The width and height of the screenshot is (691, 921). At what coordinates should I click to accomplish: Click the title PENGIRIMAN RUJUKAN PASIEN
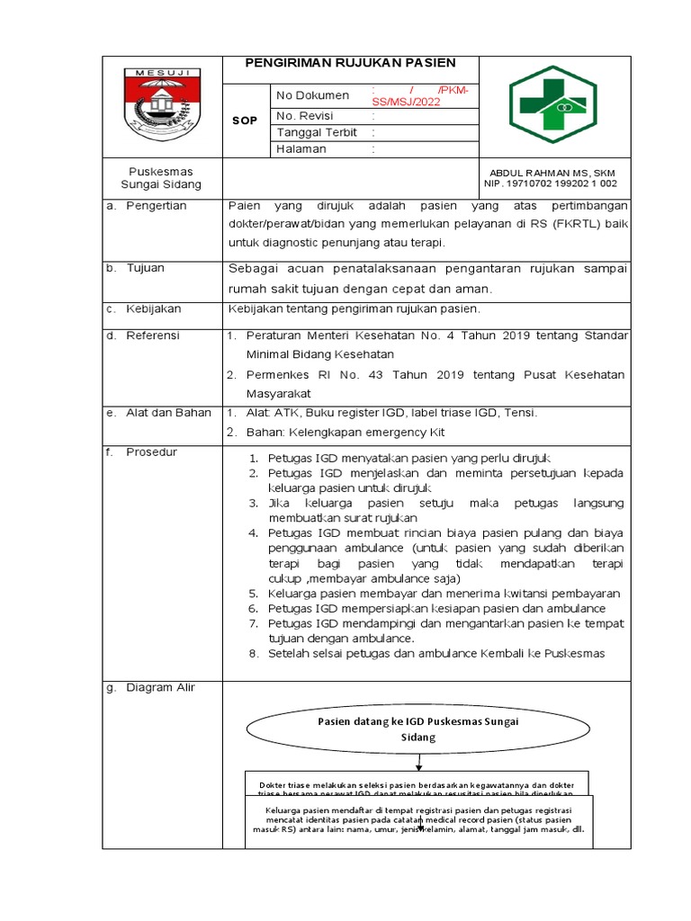(351, 63)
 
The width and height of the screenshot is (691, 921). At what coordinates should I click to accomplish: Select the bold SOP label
(244, 121)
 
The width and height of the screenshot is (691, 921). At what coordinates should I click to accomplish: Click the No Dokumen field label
(312, 95)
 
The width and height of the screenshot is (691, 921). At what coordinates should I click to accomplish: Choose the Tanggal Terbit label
(317, 132)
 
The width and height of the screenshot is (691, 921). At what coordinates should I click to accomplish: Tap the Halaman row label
(301, 149)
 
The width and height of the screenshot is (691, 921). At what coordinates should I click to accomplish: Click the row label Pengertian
(157, 206)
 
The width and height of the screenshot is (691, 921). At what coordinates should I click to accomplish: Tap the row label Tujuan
(145, 268)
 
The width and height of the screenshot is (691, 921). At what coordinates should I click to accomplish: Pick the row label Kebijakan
(154, 308)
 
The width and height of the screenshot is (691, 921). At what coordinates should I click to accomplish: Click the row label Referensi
(153, 335)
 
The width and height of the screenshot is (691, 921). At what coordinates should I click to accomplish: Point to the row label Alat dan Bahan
(168, 413)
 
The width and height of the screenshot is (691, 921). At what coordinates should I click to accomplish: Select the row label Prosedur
(152, 452)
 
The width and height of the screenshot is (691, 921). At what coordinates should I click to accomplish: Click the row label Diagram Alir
(160, 688)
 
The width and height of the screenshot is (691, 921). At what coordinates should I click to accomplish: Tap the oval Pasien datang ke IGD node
(418, 729)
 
